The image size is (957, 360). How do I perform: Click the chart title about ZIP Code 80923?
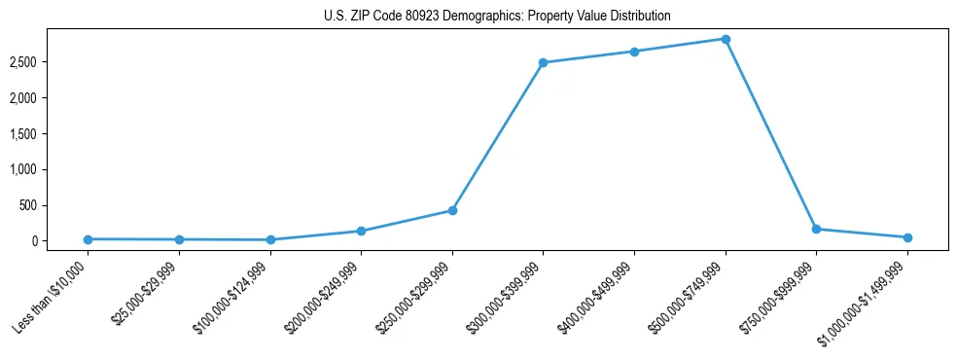497,17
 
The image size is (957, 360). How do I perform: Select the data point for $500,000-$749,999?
726,39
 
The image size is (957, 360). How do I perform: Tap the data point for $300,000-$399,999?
543,62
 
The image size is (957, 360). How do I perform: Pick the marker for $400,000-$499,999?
634,52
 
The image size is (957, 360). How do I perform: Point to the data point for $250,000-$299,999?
452,210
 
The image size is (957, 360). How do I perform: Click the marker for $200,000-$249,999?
361,231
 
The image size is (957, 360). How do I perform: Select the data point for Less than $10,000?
88,239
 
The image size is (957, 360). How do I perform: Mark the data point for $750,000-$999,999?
816,229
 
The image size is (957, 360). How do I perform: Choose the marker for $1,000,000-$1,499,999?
907,237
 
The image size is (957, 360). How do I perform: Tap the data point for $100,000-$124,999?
270,239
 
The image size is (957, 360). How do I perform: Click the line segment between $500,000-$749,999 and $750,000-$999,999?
770,133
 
